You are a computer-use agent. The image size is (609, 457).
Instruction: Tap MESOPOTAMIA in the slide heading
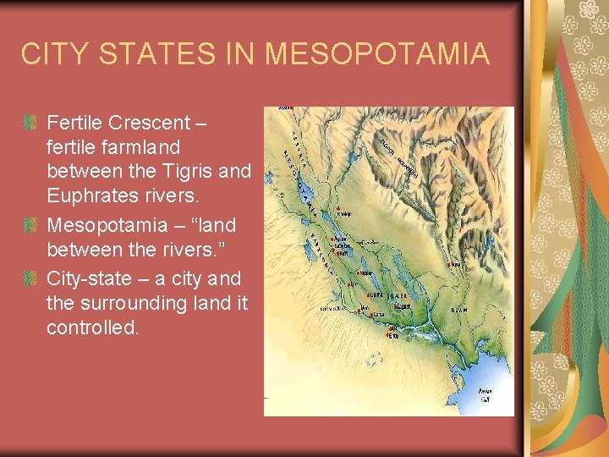pos(377,54)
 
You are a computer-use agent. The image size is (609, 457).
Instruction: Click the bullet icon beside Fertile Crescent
pos(30,123)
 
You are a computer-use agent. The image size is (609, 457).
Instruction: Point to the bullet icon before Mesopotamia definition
pos(30,226)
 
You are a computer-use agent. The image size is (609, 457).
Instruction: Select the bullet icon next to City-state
pos(30,278)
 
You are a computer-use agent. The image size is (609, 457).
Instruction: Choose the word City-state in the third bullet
pos(89,278)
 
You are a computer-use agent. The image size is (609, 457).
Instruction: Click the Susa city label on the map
pos(456,264)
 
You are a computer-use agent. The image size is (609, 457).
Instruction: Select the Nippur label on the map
pos(367,273)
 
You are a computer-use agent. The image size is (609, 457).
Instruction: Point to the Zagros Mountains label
pos(398,157)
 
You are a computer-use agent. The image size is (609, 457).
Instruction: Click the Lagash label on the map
pos(404,306)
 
